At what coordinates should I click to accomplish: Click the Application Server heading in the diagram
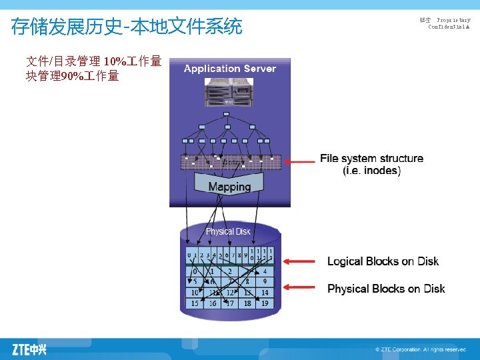pos(229,69)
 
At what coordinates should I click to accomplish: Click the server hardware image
pos(229,93)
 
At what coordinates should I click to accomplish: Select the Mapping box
pos(229,187)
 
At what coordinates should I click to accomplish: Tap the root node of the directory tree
pos(227,115)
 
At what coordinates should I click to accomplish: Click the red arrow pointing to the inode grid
pos(299,160)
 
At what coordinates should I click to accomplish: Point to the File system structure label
pos(371,159)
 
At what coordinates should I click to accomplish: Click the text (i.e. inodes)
pos(371,171)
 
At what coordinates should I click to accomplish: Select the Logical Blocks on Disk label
pos(383,261)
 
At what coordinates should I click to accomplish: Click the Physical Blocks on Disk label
pos(386,289)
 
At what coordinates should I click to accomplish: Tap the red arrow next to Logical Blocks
pos(300,261)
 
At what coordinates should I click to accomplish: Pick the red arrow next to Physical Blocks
pos(300,288)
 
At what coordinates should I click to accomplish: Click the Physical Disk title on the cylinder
pos(228,231)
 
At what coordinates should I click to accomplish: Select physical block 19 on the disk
pos(265,303)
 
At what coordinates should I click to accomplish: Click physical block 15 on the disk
pos(194,303)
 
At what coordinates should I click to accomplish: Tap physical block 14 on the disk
pos(265,293)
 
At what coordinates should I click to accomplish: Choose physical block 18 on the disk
pos(247,303)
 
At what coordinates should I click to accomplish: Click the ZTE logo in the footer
pos(29,349)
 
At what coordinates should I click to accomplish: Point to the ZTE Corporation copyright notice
pos(420,349)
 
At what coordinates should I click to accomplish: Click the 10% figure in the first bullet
pos(115,62)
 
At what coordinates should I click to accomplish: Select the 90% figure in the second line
pos(71,76)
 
